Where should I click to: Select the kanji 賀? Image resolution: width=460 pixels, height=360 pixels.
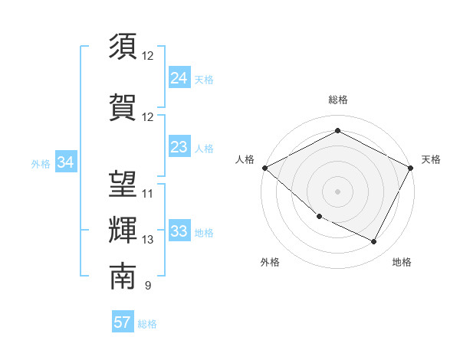(123, 107)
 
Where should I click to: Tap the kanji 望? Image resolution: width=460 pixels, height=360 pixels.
(123, 183)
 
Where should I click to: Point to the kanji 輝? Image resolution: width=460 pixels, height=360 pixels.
(123, 230)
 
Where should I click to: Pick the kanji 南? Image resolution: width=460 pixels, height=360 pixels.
(123, 276)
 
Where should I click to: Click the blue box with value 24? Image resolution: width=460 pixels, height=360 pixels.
(179, 77)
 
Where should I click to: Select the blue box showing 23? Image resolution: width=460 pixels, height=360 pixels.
(179, 147)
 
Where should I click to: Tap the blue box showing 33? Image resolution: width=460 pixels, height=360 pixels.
(179, 232)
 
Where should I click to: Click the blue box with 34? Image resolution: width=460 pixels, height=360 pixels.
(65, 162)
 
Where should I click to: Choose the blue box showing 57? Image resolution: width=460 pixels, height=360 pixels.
(123, 322)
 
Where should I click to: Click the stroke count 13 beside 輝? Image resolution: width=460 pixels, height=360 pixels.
(148, 240)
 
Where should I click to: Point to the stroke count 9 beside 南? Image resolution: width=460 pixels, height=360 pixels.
(148, 286)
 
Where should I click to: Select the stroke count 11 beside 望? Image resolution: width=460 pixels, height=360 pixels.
(148, 193)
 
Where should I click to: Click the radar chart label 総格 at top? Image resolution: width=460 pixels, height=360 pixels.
(337, 100)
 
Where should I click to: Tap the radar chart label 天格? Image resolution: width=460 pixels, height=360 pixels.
(431, 159)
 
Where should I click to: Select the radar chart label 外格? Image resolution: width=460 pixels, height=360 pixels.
(270, 262)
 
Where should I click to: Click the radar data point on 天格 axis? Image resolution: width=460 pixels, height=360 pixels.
(411, 168)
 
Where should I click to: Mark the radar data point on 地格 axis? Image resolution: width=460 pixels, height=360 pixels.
(374, 242)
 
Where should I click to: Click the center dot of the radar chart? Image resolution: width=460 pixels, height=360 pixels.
(337, 191)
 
